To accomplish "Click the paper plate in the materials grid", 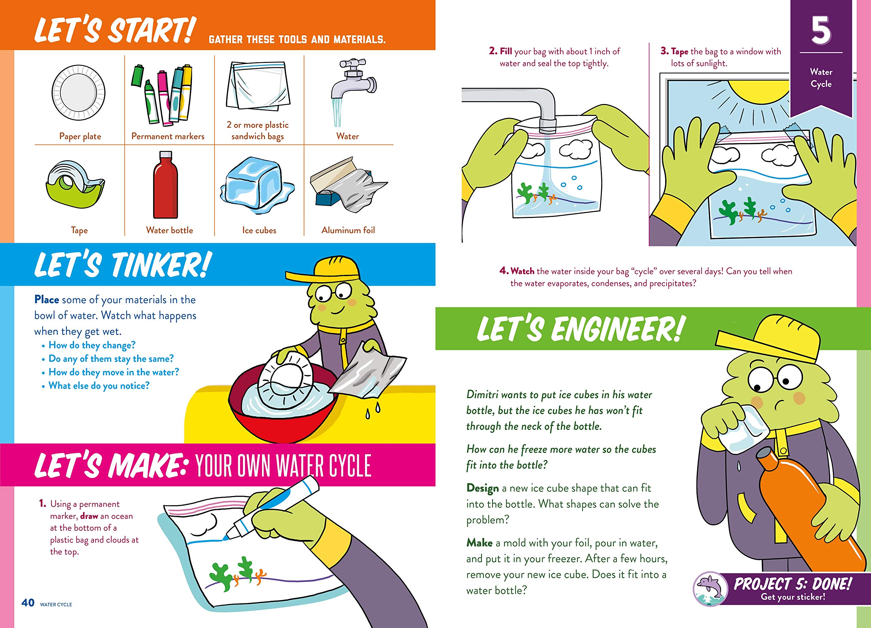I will (78, 92).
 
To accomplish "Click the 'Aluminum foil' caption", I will (348, 230).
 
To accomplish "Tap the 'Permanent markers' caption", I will (168, 136).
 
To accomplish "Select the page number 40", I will (28, 602).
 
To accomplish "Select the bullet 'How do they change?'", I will (92, 345).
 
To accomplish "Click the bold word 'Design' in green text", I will (482, 488).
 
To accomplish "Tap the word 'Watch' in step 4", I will (522, 271).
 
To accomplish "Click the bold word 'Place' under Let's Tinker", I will (47, 300).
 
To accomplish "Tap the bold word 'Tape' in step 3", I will (679, 51).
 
